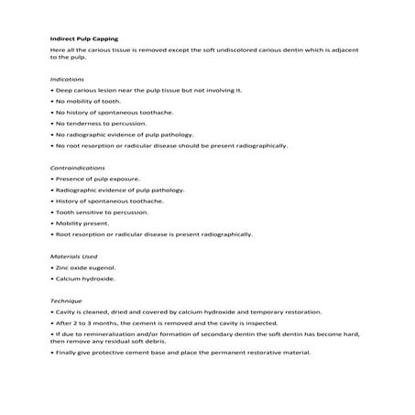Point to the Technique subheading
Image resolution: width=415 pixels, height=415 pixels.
[x=66, y=300]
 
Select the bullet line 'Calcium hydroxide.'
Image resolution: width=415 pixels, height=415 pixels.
[x=81, y=278]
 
